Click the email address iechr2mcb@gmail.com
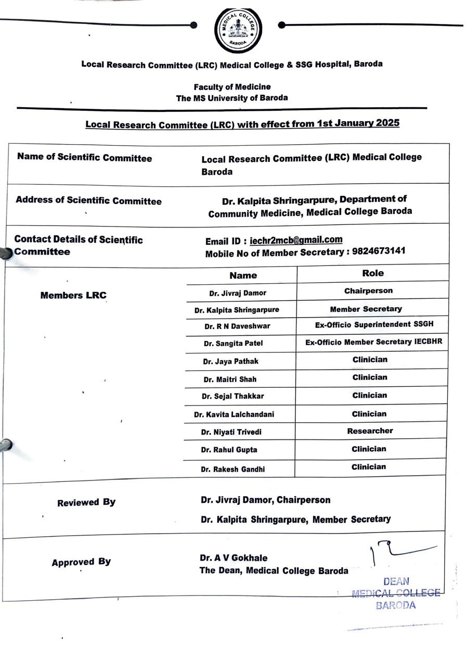[x=296, y=240]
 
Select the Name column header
[x=243, y=275]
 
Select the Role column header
[x=372, y=273]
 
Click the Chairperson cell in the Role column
[x=368, y=291]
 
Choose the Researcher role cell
[x=370, y=431]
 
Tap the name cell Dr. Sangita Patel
[x=233, y=344]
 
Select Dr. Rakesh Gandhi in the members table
[x=232, y=469]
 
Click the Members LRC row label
[x=73, y=295]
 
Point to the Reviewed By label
[x=86, y=502]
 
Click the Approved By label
[x=81, y=562]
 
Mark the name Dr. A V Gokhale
[x=234, y=558]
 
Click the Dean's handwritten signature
[x=400, y=553]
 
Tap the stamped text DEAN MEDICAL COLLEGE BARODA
[x=396, y=593]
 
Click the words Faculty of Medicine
[x=232, y=87]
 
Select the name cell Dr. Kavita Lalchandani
[x=234, y=414]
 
